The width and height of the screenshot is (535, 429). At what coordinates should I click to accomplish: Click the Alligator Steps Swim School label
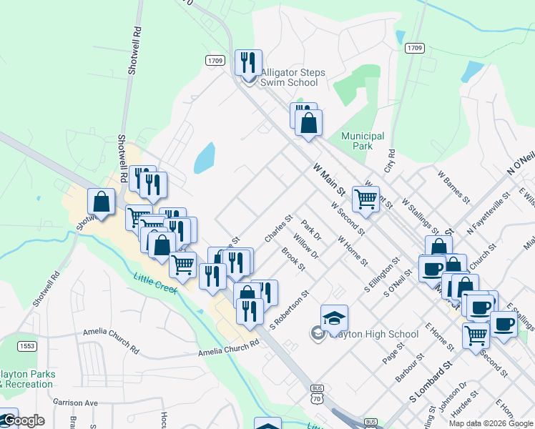[292, 77]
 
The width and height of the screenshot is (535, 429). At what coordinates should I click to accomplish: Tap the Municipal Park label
[363, 141]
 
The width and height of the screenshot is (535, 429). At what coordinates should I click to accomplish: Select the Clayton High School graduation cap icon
[334, 318]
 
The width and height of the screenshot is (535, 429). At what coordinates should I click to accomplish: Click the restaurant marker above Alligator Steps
[248, 63]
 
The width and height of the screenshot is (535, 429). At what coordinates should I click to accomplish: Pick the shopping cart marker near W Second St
[365, 199]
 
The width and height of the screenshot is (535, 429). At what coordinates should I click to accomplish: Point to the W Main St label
[329, 179]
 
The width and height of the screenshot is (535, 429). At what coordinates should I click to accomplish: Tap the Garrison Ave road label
[74, 403]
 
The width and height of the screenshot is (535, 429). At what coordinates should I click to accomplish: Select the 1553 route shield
[27, 345]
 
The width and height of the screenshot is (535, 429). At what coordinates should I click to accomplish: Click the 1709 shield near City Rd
[414, 48]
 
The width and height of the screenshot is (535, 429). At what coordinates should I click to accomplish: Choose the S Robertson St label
[289, 310]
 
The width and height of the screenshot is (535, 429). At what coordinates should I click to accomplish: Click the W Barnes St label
[452, 186]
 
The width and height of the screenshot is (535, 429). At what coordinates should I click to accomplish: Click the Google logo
[23, 421]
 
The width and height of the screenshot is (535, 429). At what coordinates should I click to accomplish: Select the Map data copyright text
[491, 423]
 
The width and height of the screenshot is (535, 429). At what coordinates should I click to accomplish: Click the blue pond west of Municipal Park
[205, 158]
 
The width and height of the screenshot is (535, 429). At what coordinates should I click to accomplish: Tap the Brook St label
[293, 259]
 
